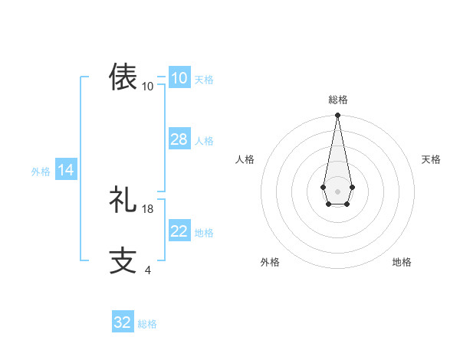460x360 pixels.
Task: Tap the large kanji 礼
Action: tap(123, 199)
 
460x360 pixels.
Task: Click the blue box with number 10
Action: tap(179, 78)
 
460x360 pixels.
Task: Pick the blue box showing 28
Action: tap(179, 139)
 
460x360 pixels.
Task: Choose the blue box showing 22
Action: tap(179, 231)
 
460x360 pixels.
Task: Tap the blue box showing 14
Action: tap(66, 171)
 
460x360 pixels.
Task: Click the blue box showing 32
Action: tap(123, 322)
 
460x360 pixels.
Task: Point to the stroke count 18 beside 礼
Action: tap(148, 208)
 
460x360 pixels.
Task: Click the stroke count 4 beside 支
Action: tap(147, 270)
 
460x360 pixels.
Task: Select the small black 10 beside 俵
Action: tap(148, 86)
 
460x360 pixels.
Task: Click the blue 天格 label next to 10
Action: tap(204, 80)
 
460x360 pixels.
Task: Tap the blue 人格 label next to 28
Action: tap(204, 141)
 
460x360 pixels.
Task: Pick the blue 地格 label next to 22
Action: tap(204, 233)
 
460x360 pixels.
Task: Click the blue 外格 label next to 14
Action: tap(41, 172)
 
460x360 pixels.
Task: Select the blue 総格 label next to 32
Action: tap(147, 324)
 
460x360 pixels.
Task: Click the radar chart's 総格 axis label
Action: tap(338, 100)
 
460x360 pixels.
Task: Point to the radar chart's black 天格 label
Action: tap(431, 159)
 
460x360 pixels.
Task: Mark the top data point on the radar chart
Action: tap(337, 116)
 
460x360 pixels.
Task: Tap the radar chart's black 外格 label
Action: tap(270, 262)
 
